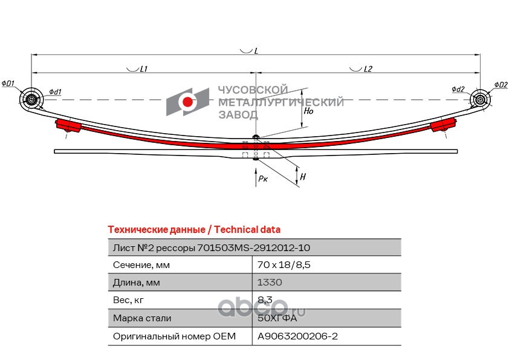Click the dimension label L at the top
click(256, 51)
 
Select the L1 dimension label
click(143, 69)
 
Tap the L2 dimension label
click(368, 69)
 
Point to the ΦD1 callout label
click(8, 83)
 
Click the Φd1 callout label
click(55, 92)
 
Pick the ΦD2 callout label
click(501, 85)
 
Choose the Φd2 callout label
click(458, 89)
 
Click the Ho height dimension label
click(308, 111)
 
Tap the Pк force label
click(263, 178)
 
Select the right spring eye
click(480, 99)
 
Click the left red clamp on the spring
click(69, 125)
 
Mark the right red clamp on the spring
click(443, 125)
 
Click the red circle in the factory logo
click(187, 102)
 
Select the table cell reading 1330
click(270, 283)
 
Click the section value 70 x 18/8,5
click(284, 265)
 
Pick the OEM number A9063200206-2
click(297, 336)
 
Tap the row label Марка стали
click(142, 318)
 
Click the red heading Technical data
click(247, 229)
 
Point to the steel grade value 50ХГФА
click(277, 318)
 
